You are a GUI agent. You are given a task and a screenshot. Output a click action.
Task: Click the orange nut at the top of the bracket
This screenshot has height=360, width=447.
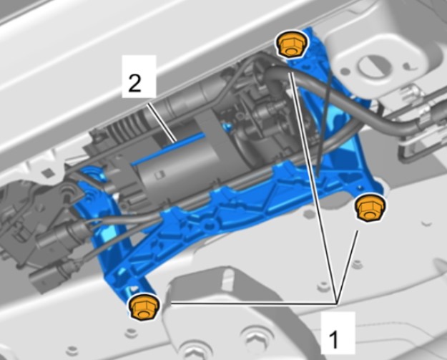(x=291, y=44)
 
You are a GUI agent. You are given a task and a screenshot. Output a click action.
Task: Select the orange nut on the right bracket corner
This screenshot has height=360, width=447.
(x=370, y=207)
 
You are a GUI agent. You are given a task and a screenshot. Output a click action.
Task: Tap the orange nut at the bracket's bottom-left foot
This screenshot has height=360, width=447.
(x=143, y=307)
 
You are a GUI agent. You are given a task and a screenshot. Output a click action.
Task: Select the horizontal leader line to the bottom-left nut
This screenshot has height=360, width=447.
(x=254, y=303)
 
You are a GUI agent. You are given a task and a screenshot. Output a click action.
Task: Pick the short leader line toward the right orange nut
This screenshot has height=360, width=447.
(x=347, y=267)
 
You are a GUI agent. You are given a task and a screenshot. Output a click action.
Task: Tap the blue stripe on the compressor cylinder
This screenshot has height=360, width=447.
(x=168, y=149)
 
